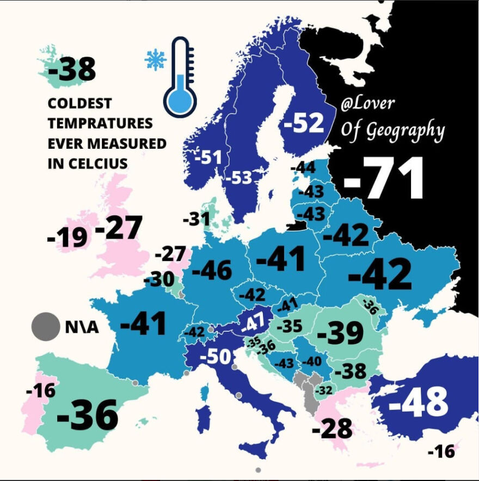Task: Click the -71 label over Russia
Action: pyautogui.click(x=384, y=179)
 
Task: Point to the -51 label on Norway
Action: pyautogui.click(x=208, y=158)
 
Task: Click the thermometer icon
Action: pyautogui.click(x=180, y=77)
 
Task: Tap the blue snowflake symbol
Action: pyautogui.click(x=155, y=59)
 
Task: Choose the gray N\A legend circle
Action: pyautogui.click(x=46, y=327)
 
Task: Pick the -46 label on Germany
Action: pyautogui.click(x=212, y=270)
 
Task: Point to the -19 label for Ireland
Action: pyautogui.click(x=67, y=237)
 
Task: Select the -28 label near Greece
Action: pyautogui.click(x=332, y=429)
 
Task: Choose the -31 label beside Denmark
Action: pyautogui.click(x=196, y=220)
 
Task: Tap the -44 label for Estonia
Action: pyautogui.click(x=303, y=168)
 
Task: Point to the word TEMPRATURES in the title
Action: pyautogui.click(x=100, y=123)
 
